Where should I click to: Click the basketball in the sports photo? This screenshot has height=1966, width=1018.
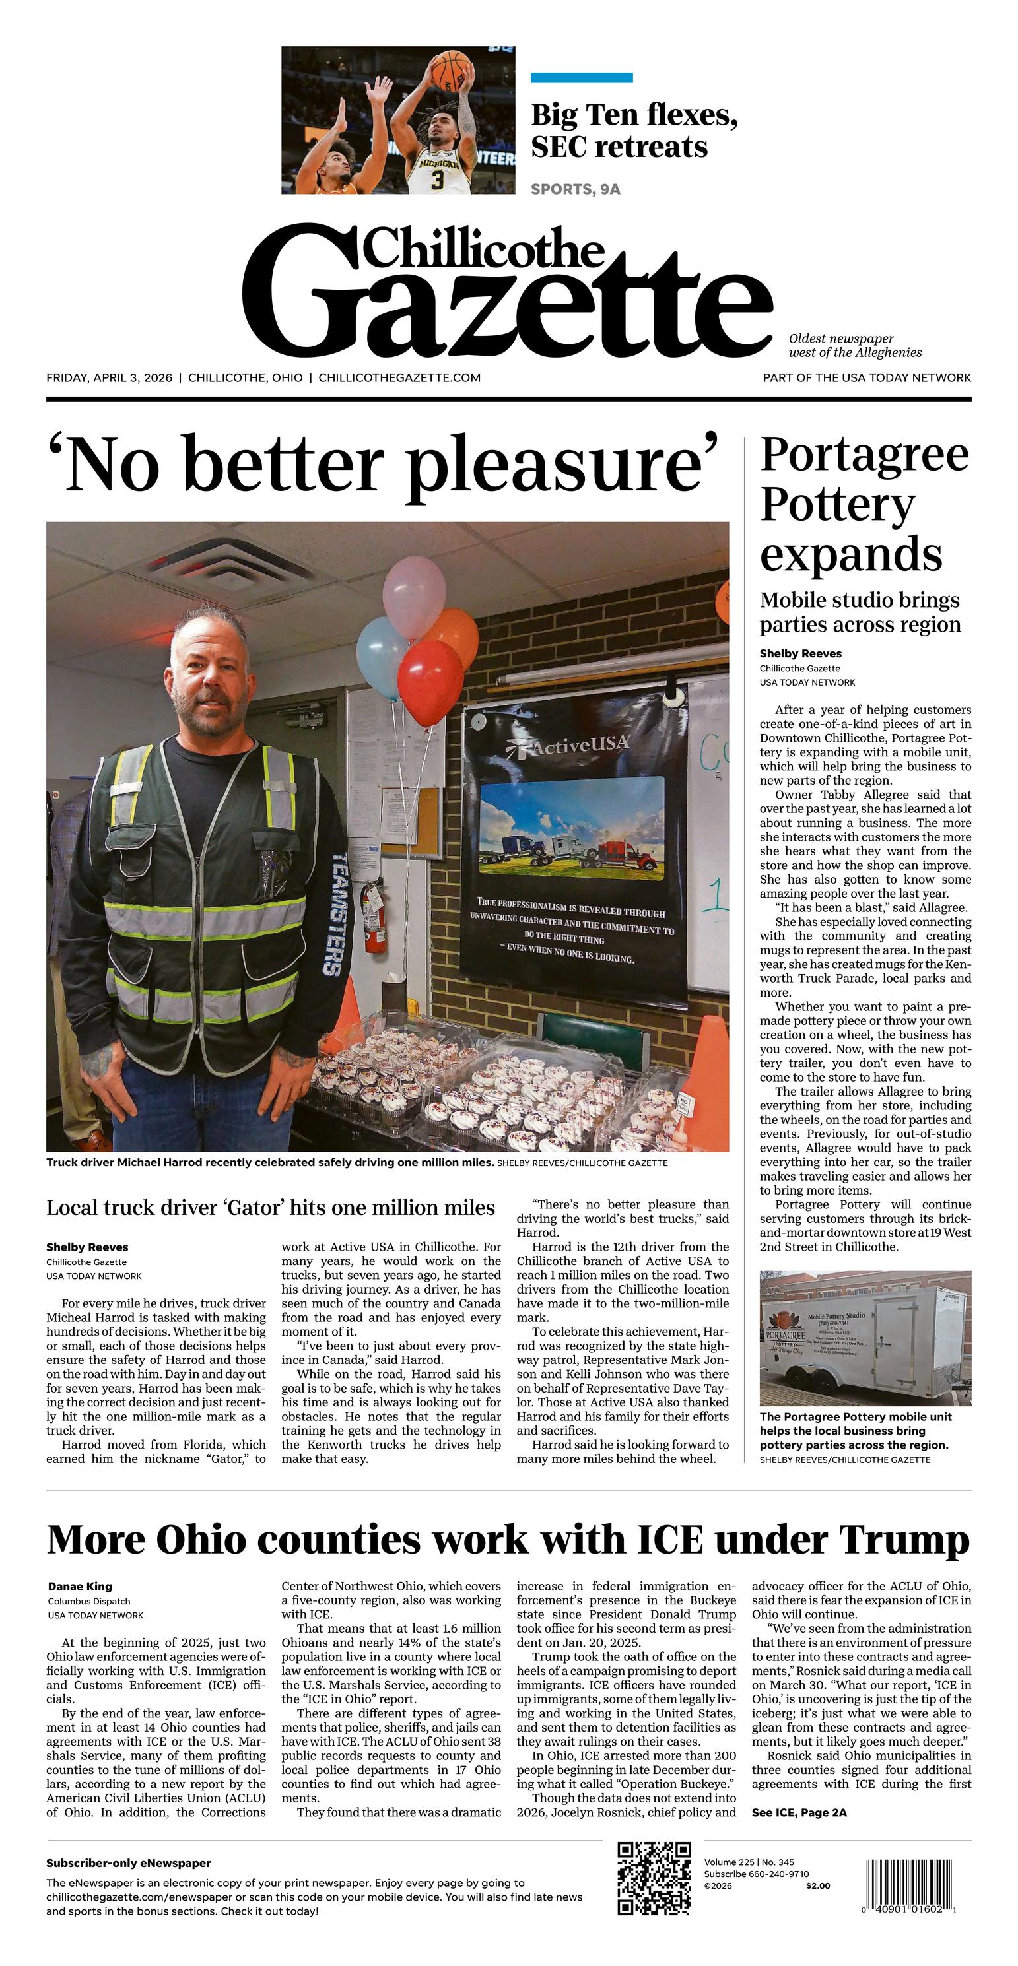pos(452,69)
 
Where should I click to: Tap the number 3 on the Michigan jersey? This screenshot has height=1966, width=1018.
pos(437,180)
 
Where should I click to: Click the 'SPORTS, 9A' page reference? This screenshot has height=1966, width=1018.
pos(575,189)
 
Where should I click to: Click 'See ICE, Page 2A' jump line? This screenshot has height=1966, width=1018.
pos(799,1813)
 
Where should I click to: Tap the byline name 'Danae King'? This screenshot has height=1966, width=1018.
pos(80,1587)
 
